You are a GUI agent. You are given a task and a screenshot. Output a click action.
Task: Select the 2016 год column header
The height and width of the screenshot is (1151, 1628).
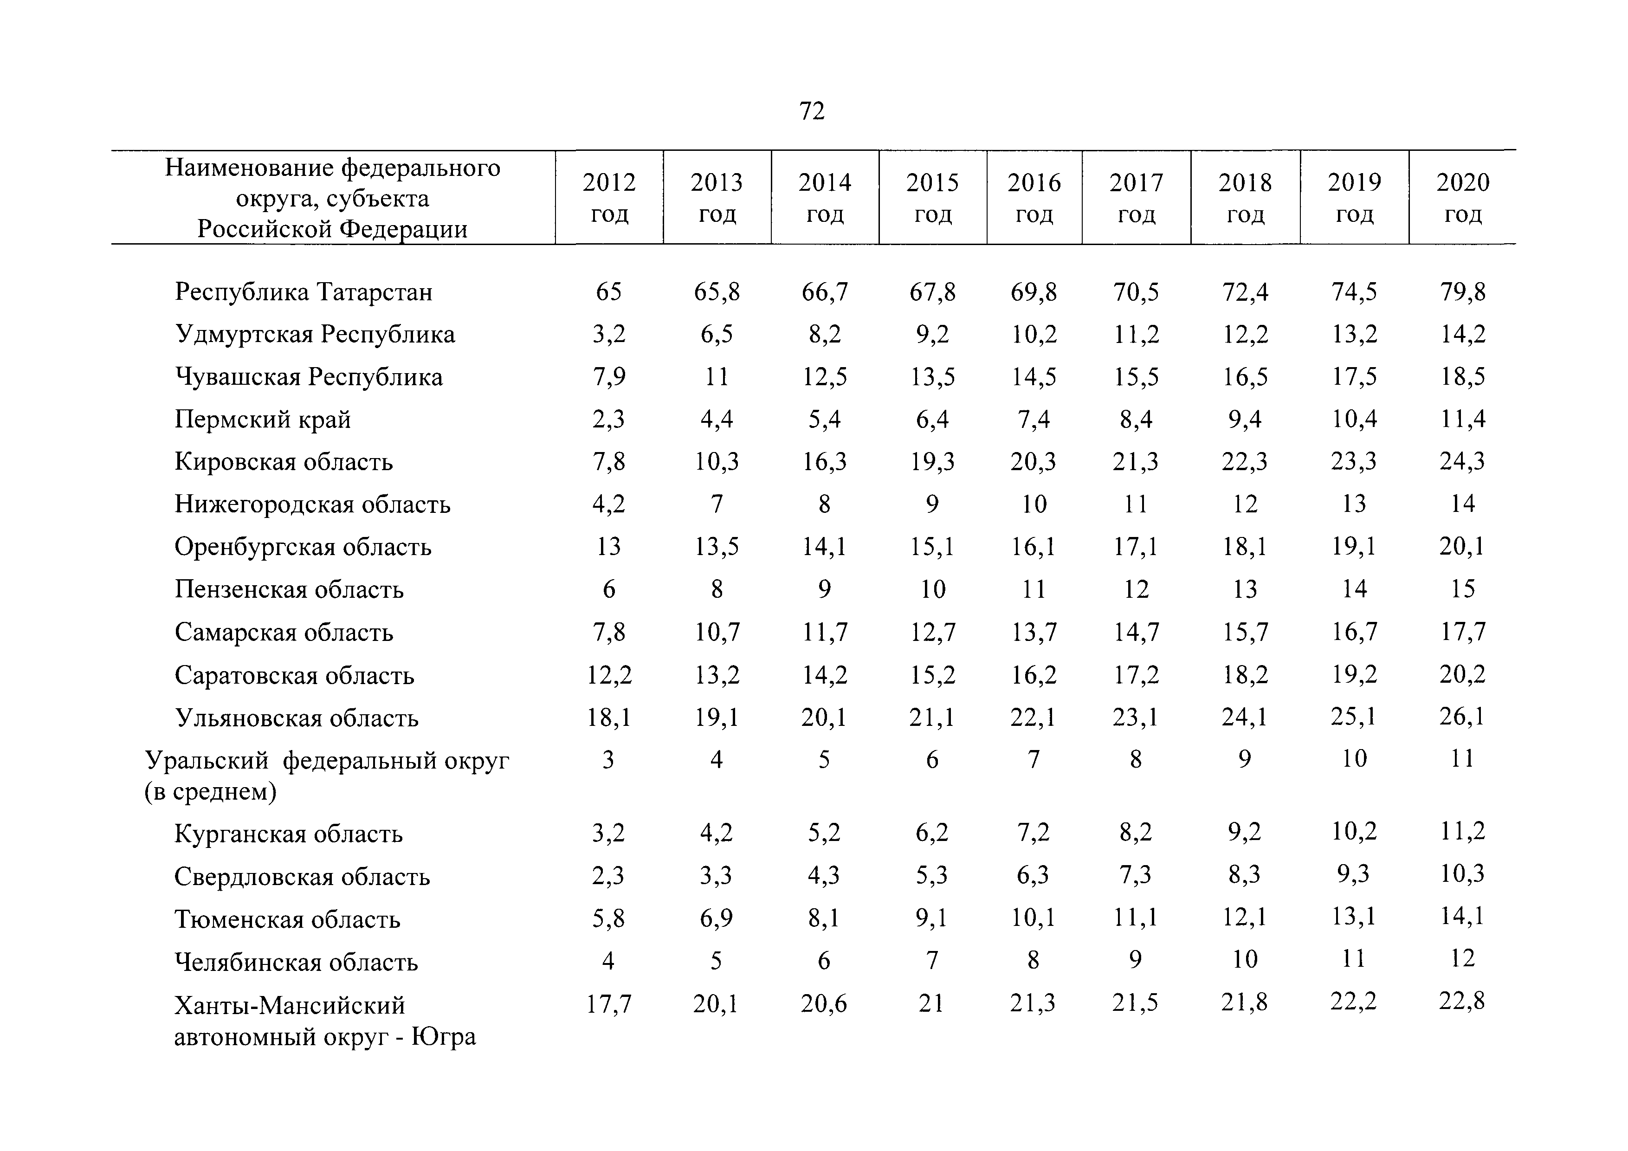(x=1034, y=198)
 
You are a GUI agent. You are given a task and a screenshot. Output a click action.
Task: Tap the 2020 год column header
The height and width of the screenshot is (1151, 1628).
(x=1463, y=198)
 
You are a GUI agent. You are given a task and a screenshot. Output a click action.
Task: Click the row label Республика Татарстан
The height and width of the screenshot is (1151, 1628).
(x=304, y=291)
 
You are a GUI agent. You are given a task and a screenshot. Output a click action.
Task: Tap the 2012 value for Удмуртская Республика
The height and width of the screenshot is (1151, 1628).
(x=609, y=334)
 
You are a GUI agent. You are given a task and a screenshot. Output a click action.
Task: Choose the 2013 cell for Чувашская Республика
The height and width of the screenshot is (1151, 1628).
(x=717, y=376)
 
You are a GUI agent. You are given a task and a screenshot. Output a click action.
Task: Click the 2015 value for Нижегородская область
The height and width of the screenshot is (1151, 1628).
(x=932, y=504)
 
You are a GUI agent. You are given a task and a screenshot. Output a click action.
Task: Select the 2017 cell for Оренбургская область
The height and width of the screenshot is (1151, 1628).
(x=1136, y=546)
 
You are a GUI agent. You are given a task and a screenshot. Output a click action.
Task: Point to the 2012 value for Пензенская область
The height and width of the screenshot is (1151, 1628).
(x=609, y=588)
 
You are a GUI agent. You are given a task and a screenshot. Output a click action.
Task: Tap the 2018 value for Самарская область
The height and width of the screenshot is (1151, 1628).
(x=1245, y=631)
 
